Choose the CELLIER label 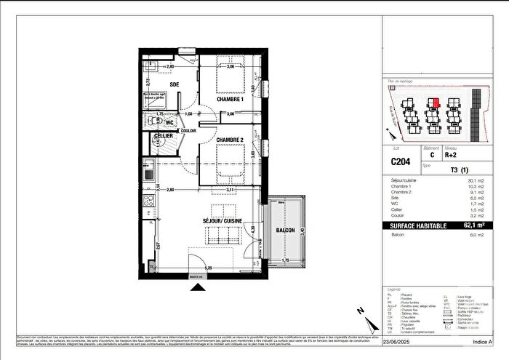coord(162,136)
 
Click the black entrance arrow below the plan coord(198,289)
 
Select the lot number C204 coord(400,163)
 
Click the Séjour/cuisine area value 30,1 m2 coord(476,180)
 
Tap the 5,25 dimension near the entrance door coord(209,268)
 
